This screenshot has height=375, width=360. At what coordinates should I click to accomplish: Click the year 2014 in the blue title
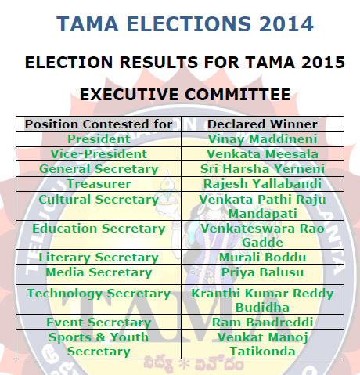(x=286, y=24)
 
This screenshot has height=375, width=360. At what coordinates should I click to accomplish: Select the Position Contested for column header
(x=99, y=124)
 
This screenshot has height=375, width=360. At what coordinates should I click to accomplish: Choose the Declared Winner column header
(x=262, y=124)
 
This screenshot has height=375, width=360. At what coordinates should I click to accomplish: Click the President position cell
(x=99, y=139)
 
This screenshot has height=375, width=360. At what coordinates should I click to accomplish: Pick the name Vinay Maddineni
(x=262, y=139)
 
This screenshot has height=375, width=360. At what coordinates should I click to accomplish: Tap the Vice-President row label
(x=99, y=154)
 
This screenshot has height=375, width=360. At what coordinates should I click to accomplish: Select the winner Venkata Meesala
(x=262, y=154)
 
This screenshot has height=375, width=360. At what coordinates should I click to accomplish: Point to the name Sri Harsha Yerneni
(x=262, y=169)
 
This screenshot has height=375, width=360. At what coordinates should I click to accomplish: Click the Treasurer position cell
(x=99, y=184)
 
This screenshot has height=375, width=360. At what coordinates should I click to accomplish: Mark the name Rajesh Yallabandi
(x=262, y=184)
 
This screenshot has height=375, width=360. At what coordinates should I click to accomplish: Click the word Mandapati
(x=262, y=214)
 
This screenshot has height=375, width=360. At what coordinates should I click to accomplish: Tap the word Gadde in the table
(x=262, y=243)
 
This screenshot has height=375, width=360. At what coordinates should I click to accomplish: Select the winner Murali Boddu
(x=262, y=258)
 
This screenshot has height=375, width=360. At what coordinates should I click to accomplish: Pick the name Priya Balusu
(x=262, y=272)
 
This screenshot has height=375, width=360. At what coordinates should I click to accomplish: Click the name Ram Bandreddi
(x=262, y=323)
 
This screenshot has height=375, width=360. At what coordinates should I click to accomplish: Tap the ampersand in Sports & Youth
(x=100, y=337)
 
